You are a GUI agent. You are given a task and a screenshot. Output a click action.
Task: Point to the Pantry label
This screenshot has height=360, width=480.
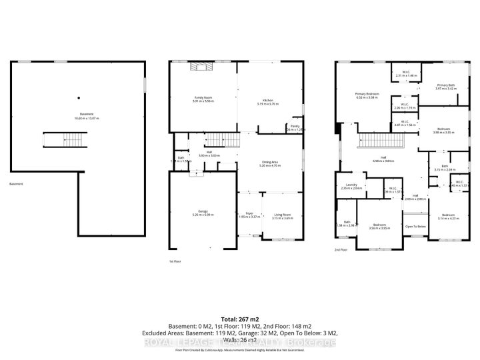coord(293,126)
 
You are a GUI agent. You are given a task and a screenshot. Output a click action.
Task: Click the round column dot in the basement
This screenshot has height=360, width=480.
coord(77,95)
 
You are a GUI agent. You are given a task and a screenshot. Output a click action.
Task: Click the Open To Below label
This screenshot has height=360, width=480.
coord(415,227)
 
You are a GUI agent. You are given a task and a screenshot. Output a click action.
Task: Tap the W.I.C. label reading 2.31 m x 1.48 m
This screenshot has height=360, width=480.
coord(405,73)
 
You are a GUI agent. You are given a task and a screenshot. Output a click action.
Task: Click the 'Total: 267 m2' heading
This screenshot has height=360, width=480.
coord(239,319)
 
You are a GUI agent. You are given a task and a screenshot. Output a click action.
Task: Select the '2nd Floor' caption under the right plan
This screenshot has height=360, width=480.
coord(341,249)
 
